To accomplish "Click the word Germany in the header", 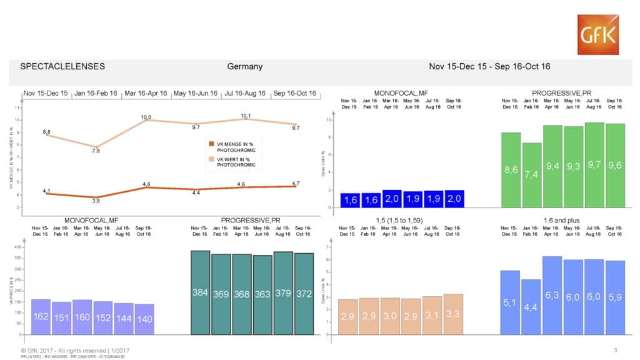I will click(x=244, y=66).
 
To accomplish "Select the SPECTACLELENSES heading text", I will click(x=62, y=66).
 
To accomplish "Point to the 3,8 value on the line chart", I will click(x=95, y=200).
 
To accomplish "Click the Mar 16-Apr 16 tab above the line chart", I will click(x=146, y=94).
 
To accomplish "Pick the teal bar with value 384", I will click(x=200, y=292).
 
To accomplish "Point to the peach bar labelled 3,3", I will click(x=453, y=313).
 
